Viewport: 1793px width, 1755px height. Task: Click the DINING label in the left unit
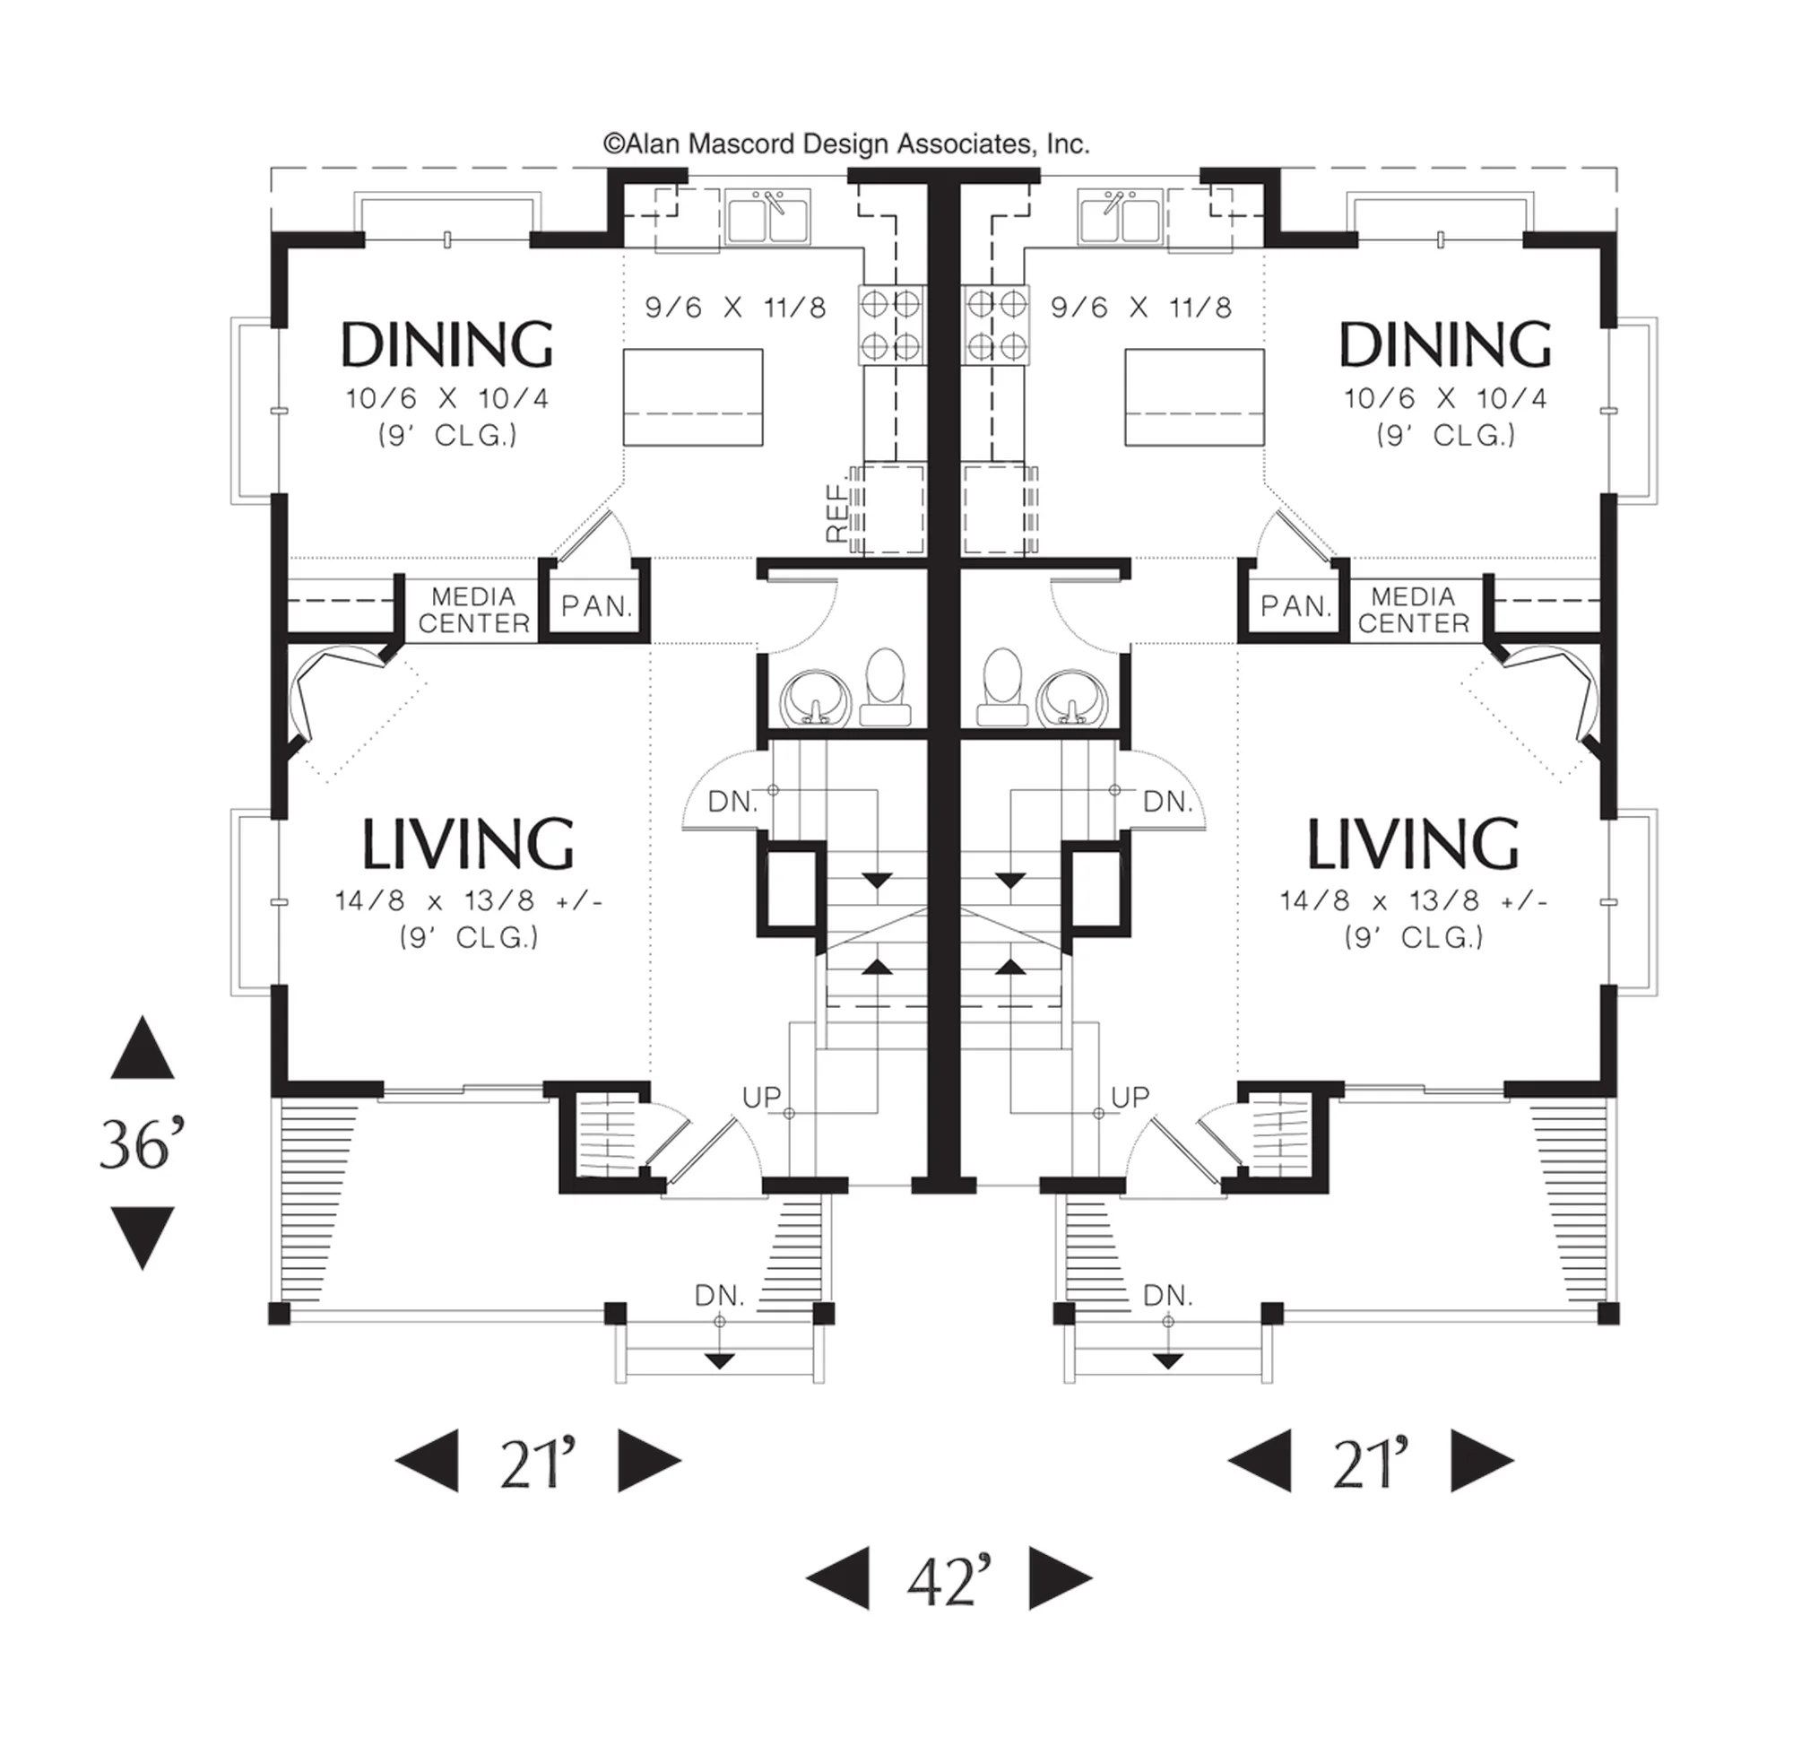pos(446,344)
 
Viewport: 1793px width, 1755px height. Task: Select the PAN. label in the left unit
pos(597,606)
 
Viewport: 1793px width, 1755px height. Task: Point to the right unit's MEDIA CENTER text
pos(1414,610)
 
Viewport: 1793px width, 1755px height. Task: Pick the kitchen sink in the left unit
pos(767,217)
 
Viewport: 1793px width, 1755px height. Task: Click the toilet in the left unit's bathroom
pos(886,687)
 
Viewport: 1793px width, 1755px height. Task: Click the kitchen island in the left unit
pos(693,397)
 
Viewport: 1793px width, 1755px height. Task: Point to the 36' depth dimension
pos(142,1144)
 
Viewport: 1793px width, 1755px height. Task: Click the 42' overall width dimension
pos(949,1581)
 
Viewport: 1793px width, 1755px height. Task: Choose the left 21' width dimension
pos(538,1463)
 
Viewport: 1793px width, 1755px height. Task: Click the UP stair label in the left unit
pos(762,1097)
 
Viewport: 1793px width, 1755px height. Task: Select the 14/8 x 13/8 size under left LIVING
pos(469,900)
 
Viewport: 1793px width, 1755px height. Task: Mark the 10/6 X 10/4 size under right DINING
pos(1446,398)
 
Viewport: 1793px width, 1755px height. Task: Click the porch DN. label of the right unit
pos(1168,1296)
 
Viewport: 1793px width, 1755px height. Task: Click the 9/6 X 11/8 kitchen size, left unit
pos(735,307)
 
